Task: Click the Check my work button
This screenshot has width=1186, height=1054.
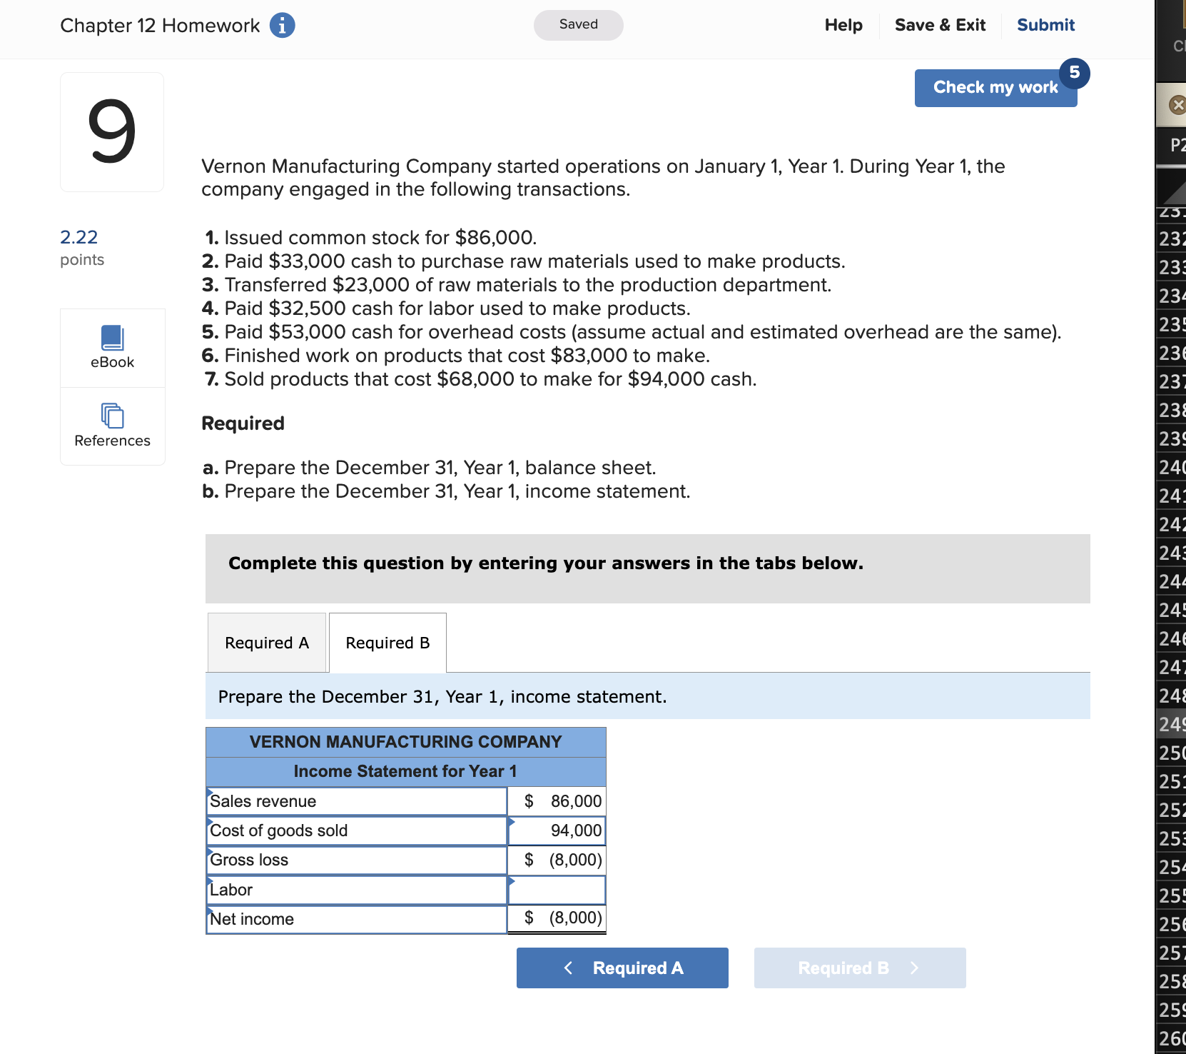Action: (995, 88)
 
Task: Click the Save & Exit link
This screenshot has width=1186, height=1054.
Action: (940, 25)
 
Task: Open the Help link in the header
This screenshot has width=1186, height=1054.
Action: (843, 25)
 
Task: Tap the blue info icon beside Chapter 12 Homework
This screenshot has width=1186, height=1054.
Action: (283, 26)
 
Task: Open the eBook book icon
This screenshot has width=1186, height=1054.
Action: (112, 338)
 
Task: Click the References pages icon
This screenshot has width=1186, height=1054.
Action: (112, 416)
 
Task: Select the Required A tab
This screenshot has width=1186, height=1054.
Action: (267, 643)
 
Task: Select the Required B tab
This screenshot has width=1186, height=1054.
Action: (387, 643)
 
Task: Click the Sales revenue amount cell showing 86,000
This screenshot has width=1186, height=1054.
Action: (557, 801)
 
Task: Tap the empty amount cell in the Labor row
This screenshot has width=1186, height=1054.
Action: (557, 890)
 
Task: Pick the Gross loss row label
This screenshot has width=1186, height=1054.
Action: (249, 860)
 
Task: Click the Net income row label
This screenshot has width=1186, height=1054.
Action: (252, 919)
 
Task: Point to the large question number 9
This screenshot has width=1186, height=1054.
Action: (112, 132)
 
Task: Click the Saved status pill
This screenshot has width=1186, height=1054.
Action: (578, 25)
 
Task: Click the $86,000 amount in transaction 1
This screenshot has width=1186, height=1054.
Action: (495, 238)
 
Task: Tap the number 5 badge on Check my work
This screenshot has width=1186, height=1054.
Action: (1074, 73)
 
